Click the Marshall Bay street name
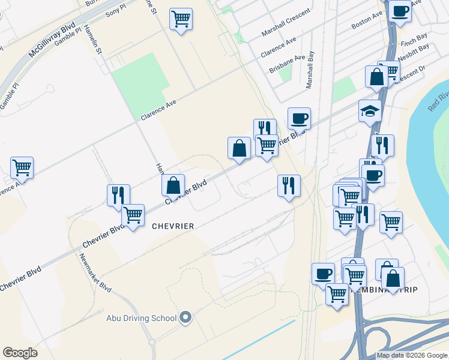[x=310, y=70]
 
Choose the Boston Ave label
[x=367, y=23]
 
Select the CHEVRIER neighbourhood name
[x=173, y=226]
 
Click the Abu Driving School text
[x=141, y=318]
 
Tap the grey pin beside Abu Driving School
[x=185, y=318]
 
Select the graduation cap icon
[x=370, y=111]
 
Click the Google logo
[x=20, y=353]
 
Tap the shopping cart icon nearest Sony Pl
[x=180, y=19]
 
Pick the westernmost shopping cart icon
[x=22, y=168]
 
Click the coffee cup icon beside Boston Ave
[x=400, y=11]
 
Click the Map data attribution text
[x=412, y=355]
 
